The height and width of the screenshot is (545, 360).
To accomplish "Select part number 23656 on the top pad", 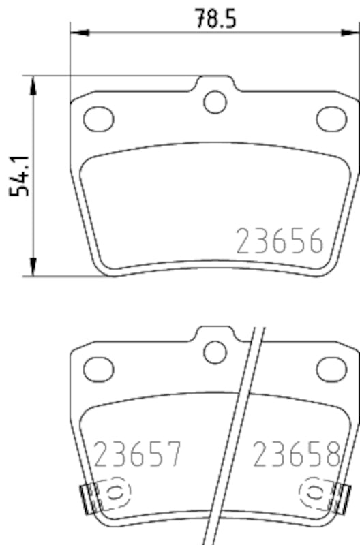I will [x=279, y=241].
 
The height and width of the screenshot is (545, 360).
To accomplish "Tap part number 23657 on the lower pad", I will [x=138, y=454].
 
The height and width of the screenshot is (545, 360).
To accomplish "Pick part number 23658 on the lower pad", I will [x=297, y=454].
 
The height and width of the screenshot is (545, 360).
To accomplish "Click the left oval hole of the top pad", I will [x=98, y=119].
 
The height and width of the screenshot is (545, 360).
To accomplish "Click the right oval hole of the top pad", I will [x=331, y=119].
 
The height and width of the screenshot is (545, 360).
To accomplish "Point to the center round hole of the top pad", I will [x=215, y=102].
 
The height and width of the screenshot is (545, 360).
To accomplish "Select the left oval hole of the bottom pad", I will [x=98, y=369].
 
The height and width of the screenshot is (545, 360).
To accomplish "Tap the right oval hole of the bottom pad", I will [x=331, y=369].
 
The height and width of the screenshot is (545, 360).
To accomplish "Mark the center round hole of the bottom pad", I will [x=215, y=352].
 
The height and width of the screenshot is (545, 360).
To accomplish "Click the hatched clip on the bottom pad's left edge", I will [x=87, y=497].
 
